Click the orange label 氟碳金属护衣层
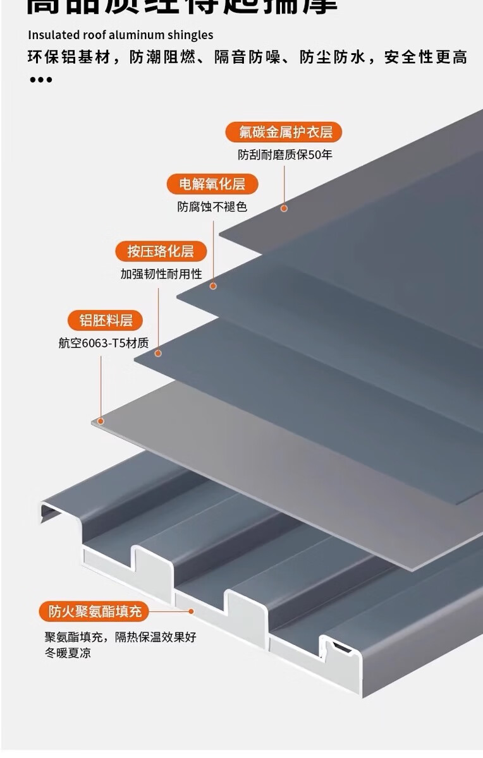(x=283, y=132)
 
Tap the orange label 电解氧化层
(x=212, y=184)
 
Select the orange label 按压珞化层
(x=161, y=251)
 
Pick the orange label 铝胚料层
(x=106, y=320)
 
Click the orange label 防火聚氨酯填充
(x=94, y=611)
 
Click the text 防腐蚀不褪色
(x=212, y=207)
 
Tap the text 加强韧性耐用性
(x=161, y=274)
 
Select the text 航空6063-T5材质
(x=104, y=343)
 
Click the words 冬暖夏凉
(x=68, y=653)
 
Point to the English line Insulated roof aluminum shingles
(x=121, y=35)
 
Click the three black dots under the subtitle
(x=40, y=80)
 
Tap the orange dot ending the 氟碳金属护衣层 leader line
(x=284, y=208)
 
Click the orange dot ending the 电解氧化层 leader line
(x=213, y=286)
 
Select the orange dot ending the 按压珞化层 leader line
(x=159, y=354)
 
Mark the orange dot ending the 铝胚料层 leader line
(x=100, y=421)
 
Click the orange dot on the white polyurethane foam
(x=191, y=611)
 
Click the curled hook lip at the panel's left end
(x=51, y=510)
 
